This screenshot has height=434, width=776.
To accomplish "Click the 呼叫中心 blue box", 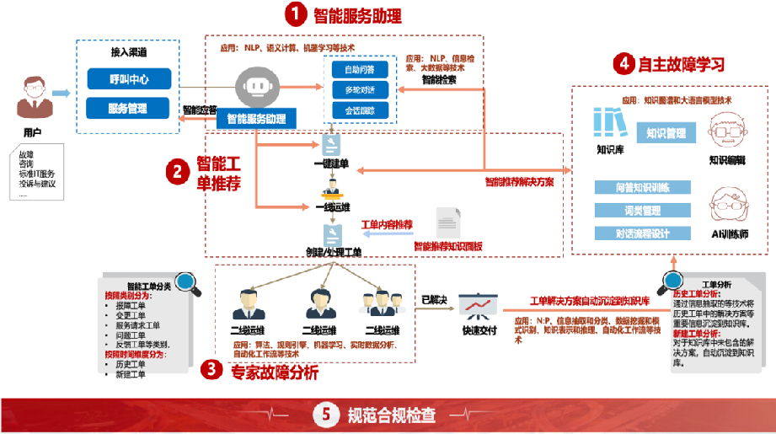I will [129, 78].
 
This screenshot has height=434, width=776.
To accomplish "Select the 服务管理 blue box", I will [129, 108].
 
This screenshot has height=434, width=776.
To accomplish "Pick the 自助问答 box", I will [360, 69].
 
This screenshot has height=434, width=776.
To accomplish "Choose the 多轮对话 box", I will [360, 89].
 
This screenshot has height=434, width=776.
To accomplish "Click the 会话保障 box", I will [360, 110].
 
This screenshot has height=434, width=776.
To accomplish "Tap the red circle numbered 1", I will [294, 15].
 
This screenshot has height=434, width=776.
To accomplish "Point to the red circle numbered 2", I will [177, 172].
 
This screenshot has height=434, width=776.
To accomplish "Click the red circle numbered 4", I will [623, 64].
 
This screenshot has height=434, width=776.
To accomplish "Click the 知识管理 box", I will [666, 133].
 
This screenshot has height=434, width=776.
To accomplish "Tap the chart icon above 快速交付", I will [477, 305].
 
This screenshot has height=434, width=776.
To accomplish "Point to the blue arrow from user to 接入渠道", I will [61, 93].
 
